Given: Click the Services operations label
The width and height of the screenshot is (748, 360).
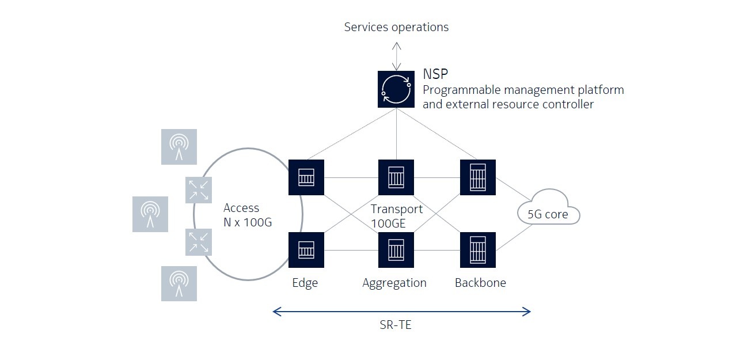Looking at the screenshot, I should pos(396,27).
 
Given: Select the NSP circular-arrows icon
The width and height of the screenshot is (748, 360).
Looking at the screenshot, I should pos(396,89).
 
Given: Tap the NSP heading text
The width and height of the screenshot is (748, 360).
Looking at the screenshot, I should pos(435,74).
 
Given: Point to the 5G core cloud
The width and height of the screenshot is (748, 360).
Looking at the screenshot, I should pos(548,213).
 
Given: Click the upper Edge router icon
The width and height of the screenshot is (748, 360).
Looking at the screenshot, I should pos(306,177).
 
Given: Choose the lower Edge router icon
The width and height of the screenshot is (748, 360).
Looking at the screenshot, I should pos(306,250).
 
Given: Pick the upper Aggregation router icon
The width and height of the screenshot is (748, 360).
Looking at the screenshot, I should pos(396,177).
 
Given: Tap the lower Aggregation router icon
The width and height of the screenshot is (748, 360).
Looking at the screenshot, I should pos(396,250).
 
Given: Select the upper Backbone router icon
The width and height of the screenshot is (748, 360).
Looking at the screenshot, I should pos(478,177).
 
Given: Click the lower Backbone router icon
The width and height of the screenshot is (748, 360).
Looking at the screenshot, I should pos(478,250).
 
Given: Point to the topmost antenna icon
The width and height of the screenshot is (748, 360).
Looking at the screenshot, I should pos(179,146).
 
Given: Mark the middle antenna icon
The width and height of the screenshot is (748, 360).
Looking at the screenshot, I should pos(150,214).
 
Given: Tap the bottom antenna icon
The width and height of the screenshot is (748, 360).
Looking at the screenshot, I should pos(179,283).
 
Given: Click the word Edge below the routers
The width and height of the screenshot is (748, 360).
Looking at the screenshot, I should pos(305,283).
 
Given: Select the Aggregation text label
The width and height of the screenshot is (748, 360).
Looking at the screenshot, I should pos(394,283).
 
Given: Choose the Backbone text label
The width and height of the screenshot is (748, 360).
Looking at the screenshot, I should pos(480,283).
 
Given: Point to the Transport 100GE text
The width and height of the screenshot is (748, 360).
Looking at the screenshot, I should pos(397,216).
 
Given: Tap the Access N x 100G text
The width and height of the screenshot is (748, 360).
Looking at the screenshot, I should pos(248,215).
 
